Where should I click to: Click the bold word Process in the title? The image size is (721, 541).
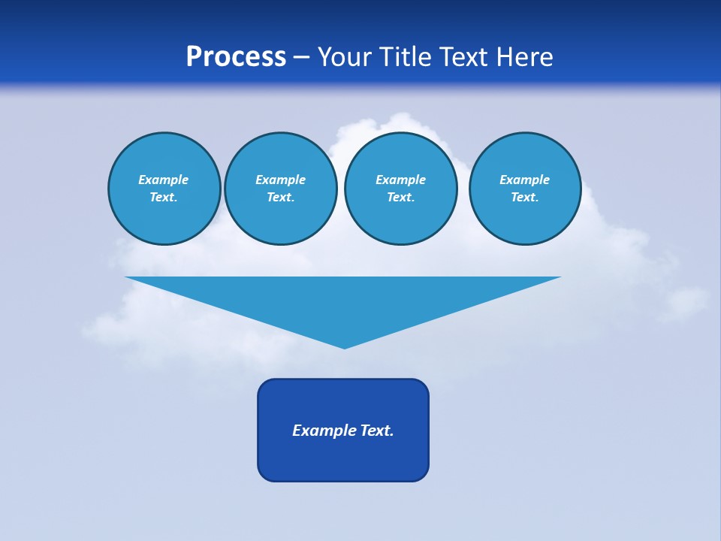236,57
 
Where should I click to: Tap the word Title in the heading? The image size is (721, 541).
406,57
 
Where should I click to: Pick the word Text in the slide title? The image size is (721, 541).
463,57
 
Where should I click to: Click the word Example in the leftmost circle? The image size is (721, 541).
164,180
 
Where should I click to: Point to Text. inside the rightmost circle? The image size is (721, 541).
525,198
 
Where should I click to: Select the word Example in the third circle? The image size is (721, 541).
400,180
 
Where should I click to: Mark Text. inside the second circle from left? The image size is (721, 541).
280,198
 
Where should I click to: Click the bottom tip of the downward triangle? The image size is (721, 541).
344,346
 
